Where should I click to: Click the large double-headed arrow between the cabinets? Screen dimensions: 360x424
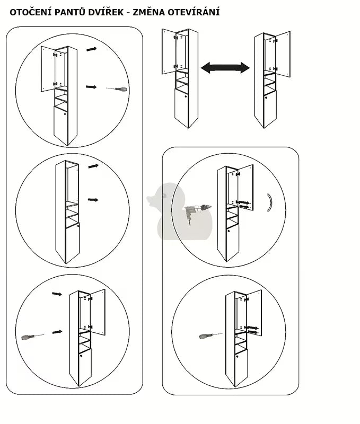225,68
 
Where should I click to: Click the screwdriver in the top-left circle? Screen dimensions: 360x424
117,89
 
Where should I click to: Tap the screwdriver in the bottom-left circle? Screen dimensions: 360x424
32,337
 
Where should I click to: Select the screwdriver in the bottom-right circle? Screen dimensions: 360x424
210,336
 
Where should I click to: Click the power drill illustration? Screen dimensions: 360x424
197,212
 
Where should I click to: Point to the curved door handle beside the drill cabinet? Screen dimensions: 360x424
270,202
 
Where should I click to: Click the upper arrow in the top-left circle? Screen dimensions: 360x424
92,49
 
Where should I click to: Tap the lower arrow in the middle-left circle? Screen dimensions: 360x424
93,200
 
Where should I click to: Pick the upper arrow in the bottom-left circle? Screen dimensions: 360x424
57,294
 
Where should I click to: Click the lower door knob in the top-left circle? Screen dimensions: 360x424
65,114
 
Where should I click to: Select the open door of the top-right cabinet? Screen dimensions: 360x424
283,55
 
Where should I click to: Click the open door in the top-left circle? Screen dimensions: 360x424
48,69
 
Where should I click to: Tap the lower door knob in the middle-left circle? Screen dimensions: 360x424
78,225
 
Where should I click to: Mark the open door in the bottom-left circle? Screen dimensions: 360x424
98,312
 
